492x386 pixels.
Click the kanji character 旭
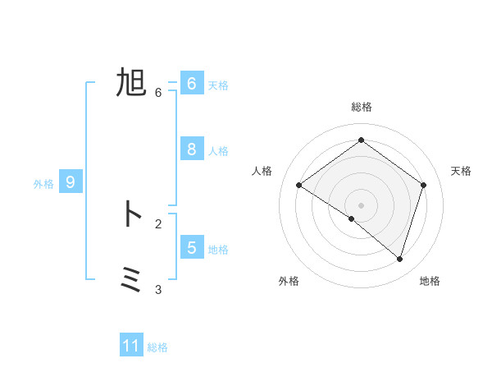(131, 83)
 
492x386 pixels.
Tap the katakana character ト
(131, 214)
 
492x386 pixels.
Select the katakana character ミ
(131, 280)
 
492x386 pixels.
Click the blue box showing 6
(191, 83)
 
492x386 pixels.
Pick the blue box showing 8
(191, 149)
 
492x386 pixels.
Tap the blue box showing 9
(71, 182)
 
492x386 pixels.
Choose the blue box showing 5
(191, 247)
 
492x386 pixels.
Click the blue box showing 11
(131, 346)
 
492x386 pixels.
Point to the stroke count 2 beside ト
(158, 223)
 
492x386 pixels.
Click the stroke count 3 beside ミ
(158, 289)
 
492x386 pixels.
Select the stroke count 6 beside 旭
(158, 93)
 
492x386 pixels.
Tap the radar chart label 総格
(362, 107)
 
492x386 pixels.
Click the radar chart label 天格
(461, 171)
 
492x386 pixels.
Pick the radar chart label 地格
(430, 281)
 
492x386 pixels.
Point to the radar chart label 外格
(289, 281)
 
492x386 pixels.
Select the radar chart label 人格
(262, 171)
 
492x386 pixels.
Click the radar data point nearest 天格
(424, 185)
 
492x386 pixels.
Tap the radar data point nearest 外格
(352, 219)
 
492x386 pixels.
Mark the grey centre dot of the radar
(362, 204)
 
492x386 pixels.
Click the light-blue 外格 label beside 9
(43, 184)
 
